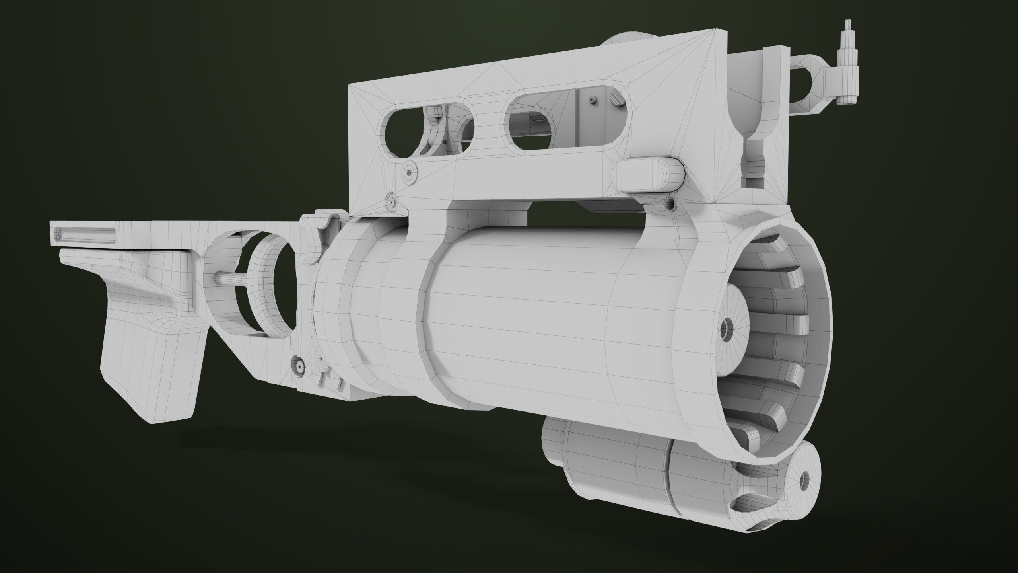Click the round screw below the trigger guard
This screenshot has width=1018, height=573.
coord(299,364)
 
